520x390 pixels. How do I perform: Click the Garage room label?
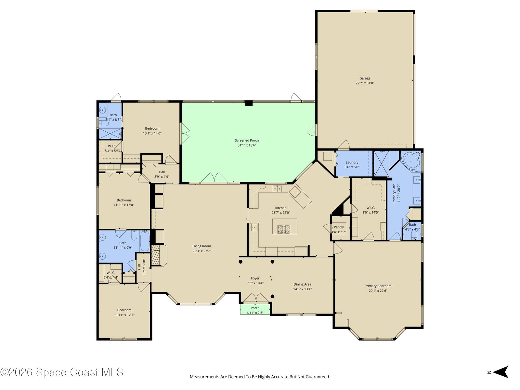[365, 78]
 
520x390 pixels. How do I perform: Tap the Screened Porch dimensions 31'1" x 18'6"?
[247, 145]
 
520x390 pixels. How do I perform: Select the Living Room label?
[201, 246]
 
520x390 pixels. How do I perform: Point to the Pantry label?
[339, 227]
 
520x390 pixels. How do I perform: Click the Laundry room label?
[352, 162]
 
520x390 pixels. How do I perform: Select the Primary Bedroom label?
[378, 286]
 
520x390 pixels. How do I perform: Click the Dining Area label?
[302, 284]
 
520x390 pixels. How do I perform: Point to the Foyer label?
[255, 278]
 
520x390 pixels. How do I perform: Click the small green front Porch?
[255, 309]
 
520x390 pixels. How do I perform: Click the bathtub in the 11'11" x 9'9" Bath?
[145, 240]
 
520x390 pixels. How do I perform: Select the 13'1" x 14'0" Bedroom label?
[152, 128]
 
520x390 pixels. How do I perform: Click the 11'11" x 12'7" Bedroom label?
[124, 310]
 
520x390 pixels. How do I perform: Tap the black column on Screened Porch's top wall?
[249, 103]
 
